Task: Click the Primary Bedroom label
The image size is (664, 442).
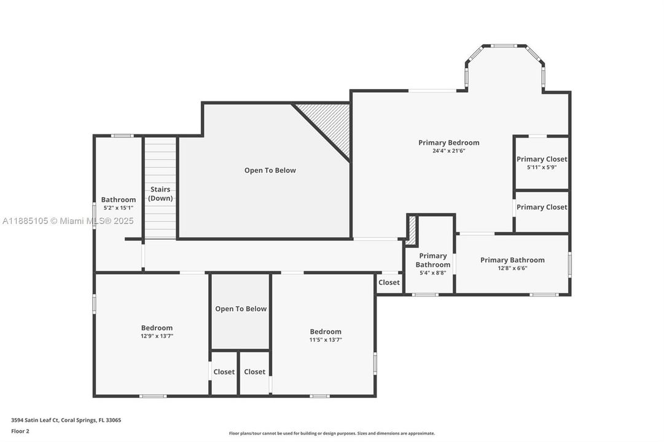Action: (448, 142)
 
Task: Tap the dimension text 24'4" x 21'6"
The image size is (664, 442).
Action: (448, 151)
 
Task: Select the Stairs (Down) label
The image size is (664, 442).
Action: (160, 193)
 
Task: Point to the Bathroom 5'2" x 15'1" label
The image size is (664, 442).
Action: (119, 203)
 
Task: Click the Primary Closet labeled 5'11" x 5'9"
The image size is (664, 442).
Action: (541, 163)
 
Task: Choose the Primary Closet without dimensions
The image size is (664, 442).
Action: (541, 207)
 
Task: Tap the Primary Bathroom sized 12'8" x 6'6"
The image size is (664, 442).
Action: (512, 263)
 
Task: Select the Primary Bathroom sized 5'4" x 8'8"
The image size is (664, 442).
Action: (433, 264)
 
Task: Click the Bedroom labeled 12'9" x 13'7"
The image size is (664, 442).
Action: (157, 331)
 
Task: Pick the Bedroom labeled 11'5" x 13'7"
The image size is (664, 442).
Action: (325, 335)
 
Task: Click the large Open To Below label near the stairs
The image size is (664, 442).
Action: (270, 170)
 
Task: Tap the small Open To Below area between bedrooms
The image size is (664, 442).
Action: (241, 309)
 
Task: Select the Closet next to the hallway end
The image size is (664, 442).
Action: (389, 283)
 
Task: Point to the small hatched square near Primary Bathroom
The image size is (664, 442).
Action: (412, 230)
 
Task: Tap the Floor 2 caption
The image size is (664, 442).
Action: (20, 431)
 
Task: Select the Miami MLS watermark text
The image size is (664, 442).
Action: (67, 221)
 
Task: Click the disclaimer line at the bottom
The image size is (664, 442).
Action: (332, 433)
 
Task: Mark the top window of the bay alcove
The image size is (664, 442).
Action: (504, 45)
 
